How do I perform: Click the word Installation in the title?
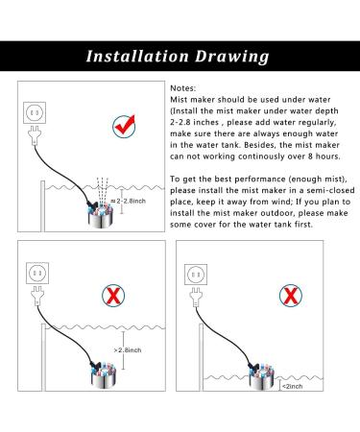tap(137, 56)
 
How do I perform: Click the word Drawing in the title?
tap(232, 57)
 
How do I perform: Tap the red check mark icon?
tap(124, 127)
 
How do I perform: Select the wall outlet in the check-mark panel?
tap(35, 112)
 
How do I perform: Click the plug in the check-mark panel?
tap(35, 135)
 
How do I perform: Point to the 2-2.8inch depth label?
tap(129, 201)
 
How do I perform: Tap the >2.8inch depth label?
tap(128, 350)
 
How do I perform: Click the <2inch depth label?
tap(292, 386)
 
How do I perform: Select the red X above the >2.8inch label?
tap(113, 296)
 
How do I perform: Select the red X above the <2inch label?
tap(291, 296)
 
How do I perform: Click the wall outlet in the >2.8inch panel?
tap(37, 274)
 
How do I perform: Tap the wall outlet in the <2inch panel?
tap(196, 275)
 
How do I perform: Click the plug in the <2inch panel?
tap(196, 298)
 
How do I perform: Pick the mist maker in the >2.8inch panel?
tap(103, 375)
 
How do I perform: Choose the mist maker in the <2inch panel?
tap(261, 376)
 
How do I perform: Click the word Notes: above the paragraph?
tap(182, 88)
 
